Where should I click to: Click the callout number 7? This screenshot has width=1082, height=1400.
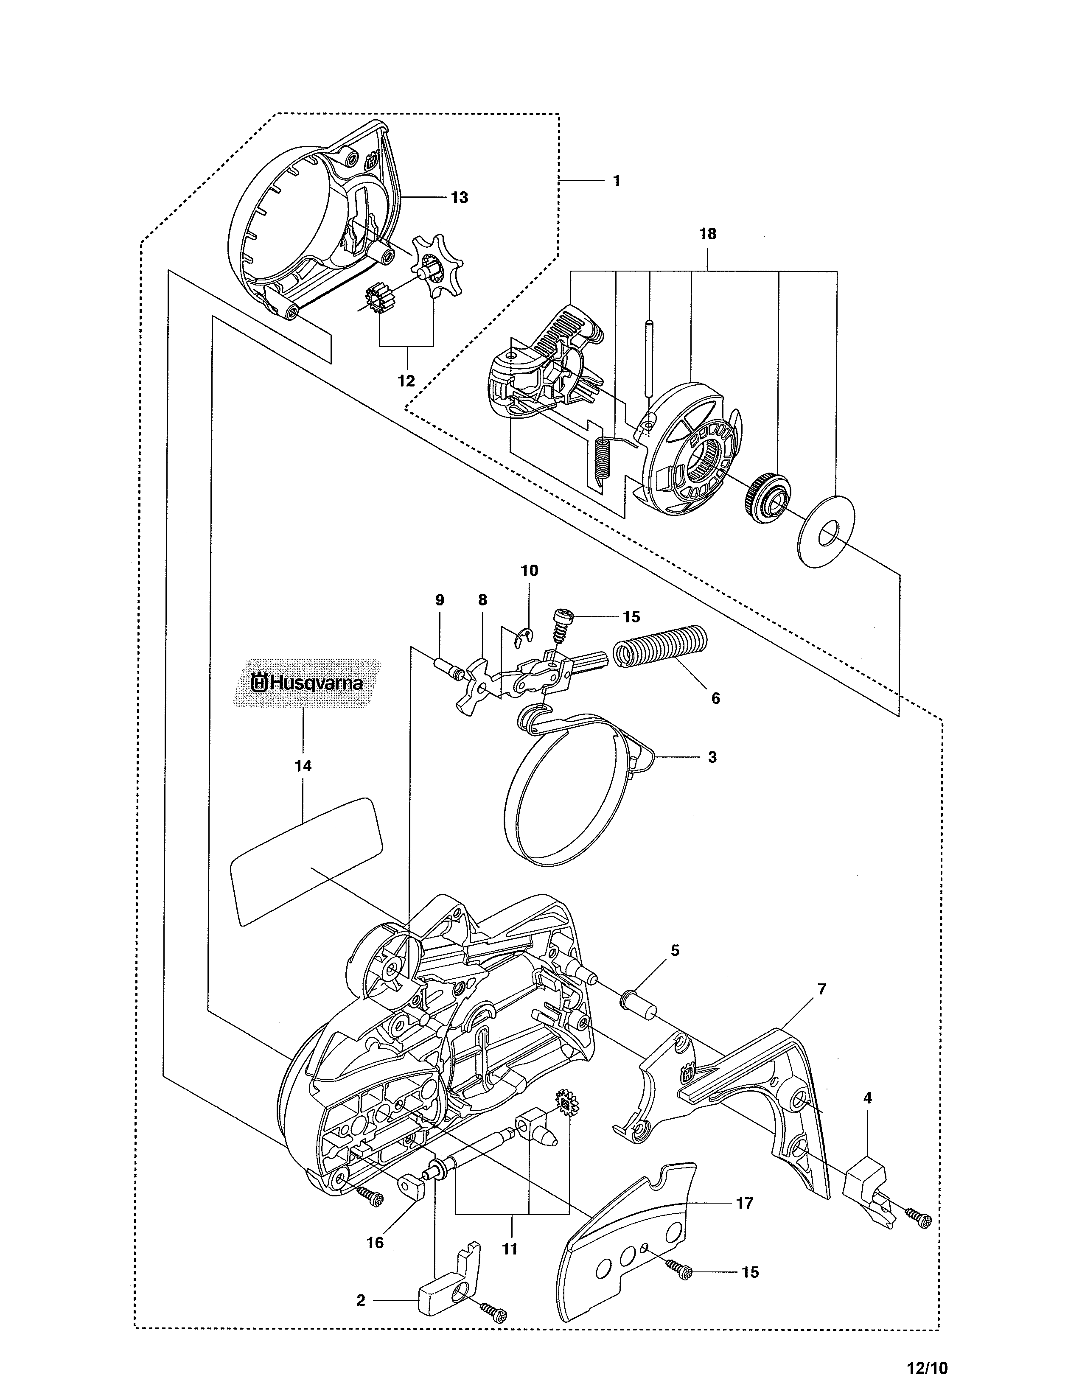(822, 989)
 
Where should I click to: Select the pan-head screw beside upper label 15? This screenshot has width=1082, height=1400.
(561, 619)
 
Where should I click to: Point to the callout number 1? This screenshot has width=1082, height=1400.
(616, 182)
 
